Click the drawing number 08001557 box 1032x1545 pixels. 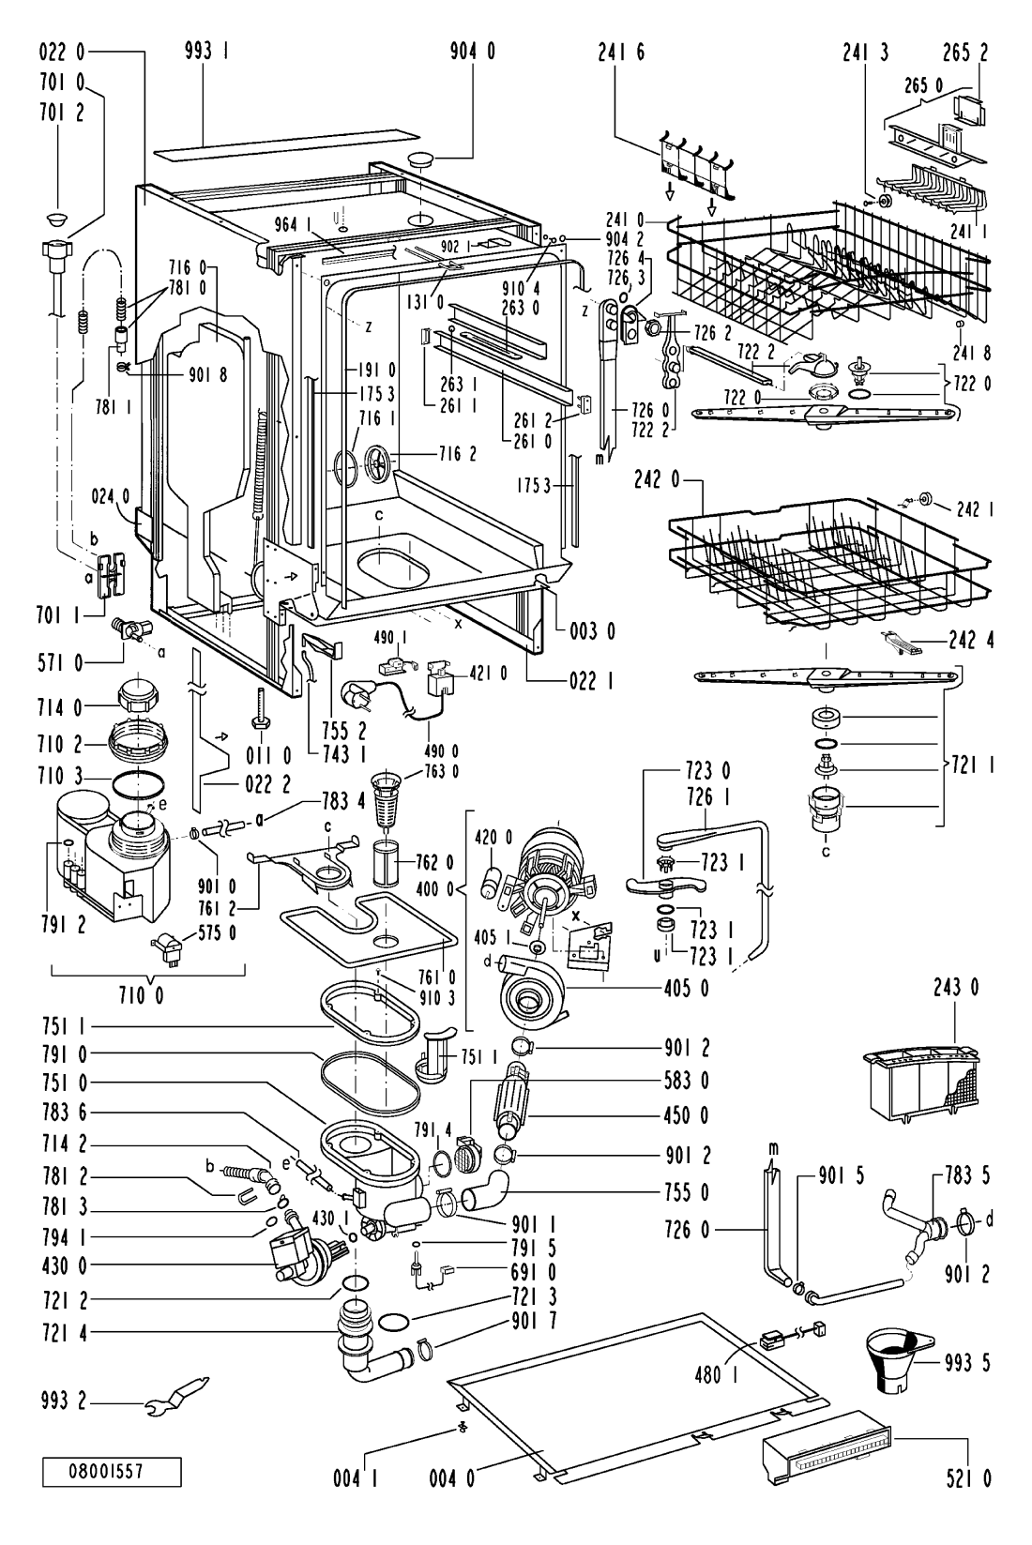coord(112,1471)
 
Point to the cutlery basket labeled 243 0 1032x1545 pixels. coord(920,1085)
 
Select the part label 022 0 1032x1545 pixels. coord(62,52)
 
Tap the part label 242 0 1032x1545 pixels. coord(657,480)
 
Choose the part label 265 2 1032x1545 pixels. coord(965,53)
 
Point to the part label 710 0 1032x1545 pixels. coord(141,996)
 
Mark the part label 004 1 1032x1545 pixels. coord(356,1478)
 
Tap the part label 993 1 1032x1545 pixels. coord(206,52)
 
